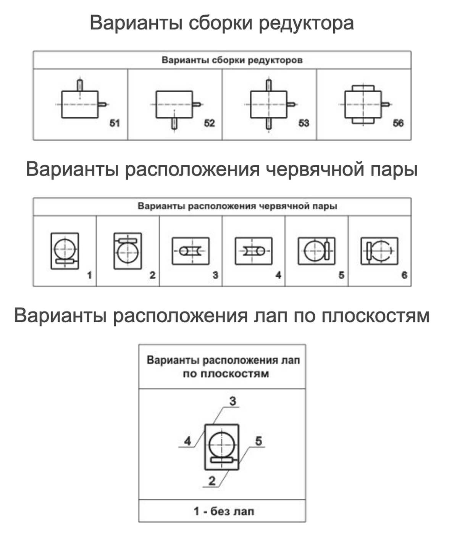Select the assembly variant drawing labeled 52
[x=174, y=104]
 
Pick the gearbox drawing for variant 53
[x=269, y=104]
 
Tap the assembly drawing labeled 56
[x=363, y=104]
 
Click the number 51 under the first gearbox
[x=115, y=123]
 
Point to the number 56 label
[x=398, y=123]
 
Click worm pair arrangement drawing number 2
[x=128, y=251]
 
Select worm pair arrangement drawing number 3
[x=191, y=251]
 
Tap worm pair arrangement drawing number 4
[x=254, y=251]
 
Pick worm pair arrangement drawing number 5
[x=317, y=251]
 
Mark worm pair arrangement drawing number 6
[x=379, y=251]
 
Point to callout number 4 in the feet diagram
[x=187, y=441]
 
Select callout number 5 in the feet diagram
[x=258, y=441]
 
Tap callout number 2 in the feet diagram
[x=212, y=481]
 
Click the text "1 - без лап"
[x=223, y=511]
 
